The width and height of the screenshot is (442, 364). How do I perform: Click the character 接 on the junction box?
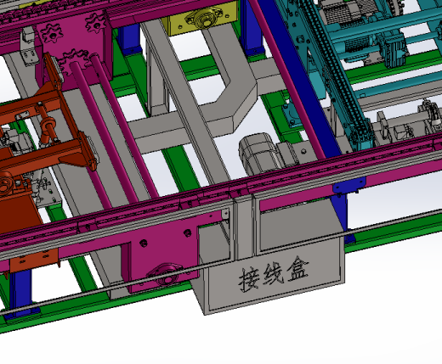click(249, 279)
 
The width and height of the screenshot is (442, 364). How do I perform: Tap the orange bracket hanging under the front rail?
click(34, 260)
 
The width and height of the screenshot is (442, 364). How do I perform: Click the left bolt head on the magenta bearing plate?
click(144, 243)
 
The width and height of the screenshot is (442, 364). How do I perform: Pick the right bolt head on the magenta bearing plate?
click(187, 233)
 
